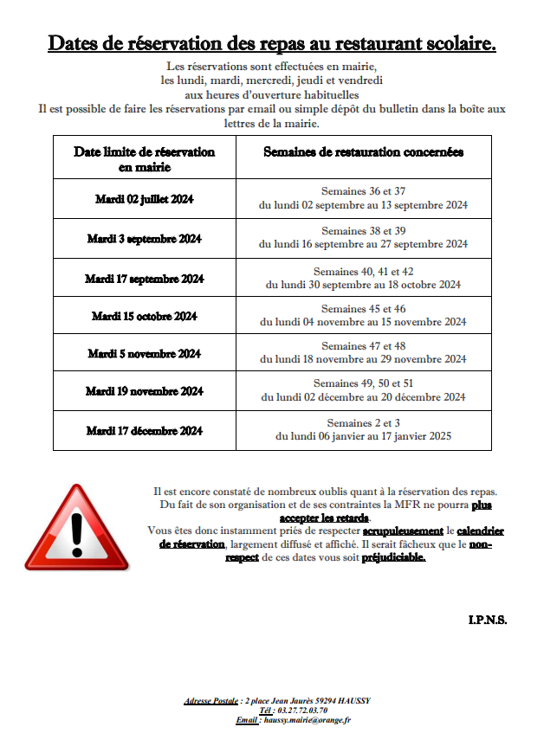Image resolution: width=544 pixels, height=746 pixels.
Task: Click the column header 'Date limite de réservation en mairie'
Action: tap(144, 158)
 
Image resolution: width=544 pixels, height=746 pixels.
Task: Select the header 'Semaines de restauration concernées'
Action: tap(363, 151)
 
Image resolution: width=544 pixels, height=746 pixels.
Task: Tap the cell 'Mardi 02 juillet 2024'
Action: tap(144, 199)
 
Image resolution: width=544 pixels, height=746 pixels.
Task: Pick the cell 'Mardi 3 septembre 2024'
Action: tap(144, 238)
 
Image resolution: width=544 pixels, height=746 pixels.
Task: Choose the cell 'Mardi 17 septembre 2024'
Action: tap(144, 278)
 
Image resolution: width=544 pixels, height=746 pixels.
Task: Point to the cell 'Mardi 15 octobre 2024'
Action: tap(144, 316)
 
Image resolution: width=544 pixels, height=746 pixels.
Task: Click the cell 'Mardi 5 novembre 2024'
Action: tap(144, 353)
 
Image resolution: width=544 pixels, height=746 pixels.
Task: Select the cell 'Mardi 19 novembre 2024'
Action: tap(144, 391)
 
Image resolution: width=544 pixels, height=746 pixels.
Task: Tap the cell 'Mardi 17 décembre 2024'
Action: tap(144, 430)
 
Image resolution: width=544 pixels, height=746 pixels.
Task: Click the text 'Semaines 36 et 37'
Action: tap(363, 191)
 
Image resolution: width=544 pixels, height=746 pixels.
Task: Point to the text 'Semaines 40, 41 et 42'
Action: tap(363, 271)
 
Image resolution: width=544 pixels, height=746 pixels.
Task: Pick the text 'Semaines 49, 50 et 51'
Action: tap(363, 383)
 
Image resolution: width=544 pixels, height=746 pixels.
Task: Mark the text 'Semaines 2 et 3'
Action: tap(363, 422)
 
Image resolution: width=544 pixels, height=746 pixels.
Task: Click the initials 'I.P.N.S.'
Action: tap(488, 620)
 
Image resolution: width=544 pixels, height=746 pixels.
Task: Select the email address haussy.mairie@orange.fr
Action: tap(308, 719)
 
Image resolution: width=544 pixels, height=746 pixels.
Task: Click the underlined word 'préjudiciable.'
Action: tap(393, 558)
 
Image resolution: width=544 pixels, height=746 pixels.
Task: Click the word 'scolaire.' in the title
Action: tap(452, 43)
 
